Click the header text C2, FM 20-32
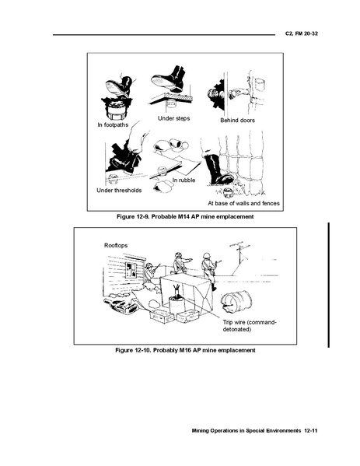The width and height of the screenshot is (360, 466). click(301, 33)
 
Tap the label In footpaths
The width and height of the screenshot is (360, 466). click(113, 124)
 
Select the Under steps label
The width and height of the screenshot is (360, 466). click(173, 118)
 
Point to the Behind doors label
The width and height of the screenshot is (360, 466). click(237, 121)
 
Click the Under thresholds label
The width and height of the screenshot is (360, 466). click(119, 190)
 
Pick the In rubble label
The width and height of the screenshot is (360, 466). click(183, 180)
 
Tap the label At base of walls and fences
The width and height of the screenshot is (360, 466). click(243, 203)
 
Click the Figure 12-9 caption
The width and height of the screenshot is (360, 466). click(185, 216)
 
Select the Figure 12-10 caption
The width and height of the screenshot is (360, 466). click(185, 350)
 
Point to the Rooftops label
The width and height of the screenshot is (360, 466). click(116, 246)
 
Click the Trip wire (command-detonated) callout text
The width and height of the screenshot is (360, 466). click(250, 326)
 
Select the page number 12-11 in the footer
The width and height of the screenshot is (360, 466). click(311, 431)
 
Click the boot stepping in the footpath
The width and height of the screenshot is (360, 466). click(118, 86)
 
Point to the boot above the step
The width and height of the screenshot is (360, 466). click(169, 79)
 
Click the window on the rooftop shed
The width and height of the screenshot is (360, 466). click(131, 271)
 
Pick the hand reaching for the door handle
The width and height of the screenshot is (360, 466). click(236, 93)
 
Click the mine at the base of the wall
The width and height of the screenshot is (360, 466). click(228, 192)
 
